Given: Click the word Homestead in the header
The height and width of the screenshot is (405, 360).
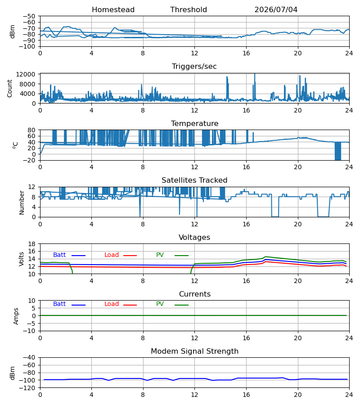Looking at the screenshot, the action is (113, 10).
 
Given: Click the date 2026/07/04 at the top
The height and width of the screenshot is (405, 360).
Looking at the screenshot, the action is (276, 10).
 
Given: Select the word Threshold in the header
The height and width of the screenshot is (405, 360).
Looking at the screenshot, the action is (189, 10).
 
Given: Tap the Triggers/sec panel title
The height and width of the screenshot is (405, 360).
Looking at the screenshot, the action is (194, 67).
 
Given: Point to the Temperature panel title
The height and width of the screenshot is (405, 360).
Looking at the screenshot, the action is (194, 123).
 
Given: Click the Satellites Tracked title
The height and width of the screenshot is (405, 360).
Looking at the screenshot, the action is (194, 180).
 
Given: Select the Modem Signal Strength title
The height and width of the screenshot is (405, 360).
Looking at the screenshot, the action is (194, 351).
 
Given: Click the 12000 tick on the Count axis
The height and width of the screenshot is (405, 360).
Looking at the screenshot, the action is (26, 74).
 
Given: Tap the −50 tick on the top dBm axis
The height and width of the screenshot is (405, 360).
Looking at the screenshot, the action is (29, 16).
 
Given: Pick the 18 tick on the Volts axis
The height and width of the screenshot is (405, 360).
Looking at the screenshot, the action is (31, 244).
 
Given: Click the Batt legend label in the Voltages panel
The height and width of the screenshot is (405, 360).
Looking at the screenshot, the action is (59, 255).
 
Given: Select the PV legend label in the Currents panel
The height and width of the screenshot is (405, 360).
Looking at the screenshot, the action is (160, 304).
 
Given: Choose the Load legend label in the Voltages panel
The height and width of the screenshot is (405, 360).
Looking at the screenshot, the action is (112, 255).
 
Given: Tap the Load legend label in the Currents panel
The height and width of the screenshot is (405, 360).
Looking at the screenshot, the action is (112, 304).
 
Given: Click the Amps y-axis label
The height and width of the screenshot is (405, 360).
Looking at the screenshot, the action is (16, 316).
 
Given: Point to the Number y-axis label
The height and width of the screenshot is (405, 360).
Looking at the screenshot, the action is (22, 202).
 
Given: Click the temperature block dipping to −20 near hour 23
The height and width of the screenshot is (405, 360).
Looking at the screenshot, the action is (338, 151).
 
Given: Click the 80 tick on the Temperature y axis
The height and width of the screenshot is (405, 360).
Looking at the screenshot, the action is (31, 130).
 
